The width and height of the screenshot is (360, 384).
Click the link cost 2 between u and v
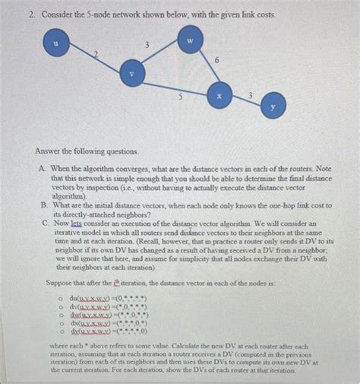[96, 52]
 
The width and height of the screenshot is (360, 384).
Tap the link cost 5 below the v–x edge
[179, 96]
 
